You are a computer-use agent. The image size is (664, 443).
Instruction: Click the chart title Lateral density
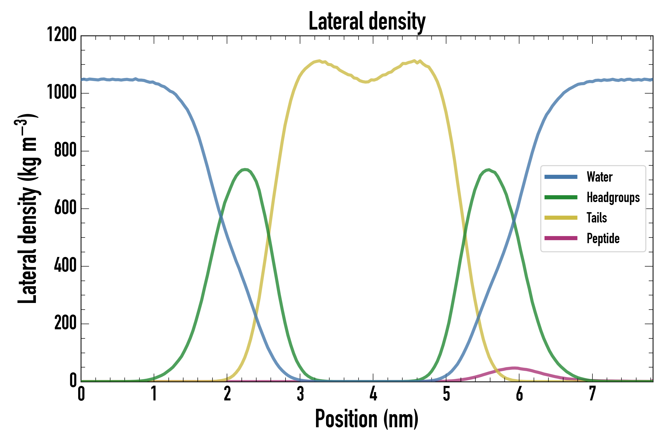pos(367,21)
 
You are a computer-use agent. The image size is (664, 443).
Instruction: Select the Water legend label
pos(599,177)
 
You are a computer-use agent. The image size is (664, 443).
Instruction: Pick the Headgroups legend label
pos(613,197)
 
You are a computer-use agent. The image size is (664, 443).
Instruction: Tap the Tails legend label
pos(597,218)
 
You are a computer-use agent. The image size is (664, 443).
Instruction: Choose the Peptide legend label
pos(603,238)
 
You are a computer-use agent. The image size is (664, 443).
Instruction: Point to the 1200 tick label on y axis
pos(62,35)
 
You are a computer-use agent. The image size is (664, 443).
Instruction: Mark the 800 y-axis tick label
pos(65,150)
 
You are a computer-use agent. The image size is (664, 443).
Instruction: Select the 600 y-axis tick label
pos(65,208)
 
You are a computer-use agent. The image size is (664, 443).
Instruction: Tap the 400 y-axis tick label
pos(65,266)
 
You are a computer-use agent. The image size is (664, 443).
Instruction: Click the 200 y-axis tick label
pos(65,323)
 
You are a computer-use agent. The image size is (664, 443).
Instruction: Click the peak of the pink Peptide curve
pos(514,368)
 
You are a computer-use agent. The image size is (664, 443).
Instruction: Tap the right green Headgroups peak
pos(488,170)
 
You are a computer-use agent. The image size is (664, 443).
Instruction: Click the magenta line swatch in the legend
pos(561,238)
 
